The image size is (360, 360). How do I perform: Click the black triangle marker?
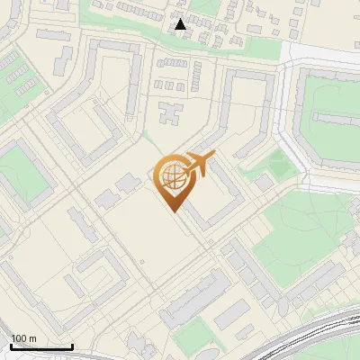click(181, 24)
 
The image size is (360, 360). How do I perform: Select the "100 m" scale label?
click(24, 338)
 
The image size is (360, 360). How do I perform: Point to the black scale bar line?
click(41, 346)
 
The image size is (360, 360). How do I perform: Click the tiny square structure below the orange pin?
click(142, 263)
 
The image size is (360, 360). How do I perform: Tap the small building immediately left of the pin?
click(129, 184)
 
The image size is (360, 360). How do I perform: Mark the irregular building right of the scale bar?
click(135, 342)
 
